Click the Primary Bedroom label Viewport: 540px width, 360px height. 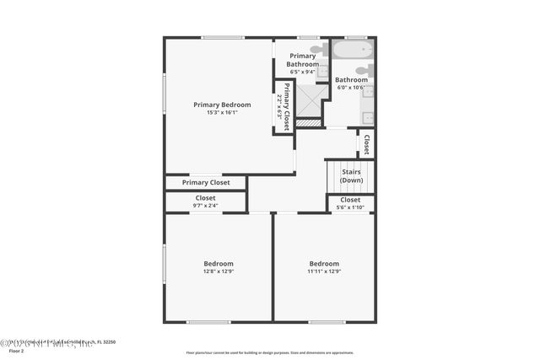click(222, 105)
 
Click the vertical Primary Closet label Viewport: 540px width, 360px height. click(287, 106)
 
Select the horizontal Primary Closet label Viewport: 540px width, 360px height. click(206, 182)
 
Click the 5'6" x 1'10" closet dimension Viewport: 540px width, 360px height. click(350, 207)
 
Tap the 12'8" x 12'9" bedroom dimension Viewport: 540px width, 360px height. click(219, 271)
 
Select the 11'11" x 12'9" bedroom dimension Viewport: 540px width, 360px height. click(324, 271)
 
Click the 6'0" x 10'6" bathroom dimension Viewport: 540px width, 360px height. click(350, 88)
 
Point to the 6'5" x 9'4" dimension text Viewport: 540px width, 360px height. click(303, 72)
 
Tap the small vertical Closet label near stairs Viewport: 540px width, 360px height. click(366, 145)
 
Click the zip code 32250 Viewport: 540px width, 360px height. click(106, 342)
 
